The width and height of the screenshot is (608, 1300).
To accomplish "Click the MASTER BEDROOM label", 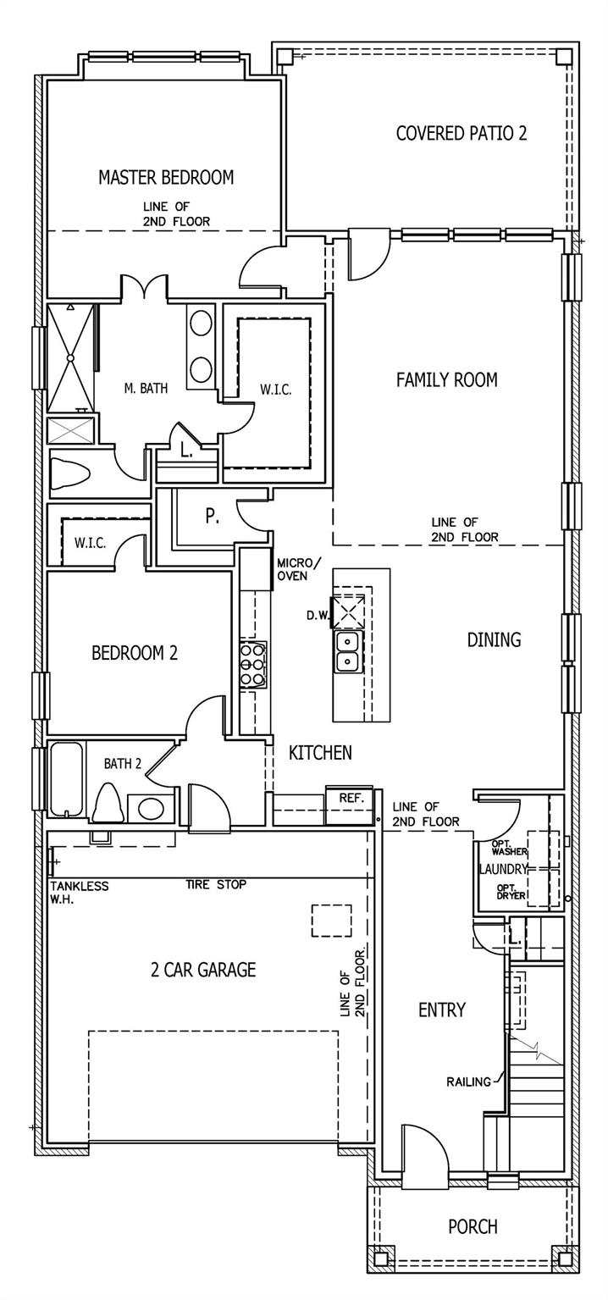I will point(165,177).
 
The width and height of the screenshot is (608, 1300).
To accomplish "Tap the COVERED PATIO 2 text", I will point(462,133).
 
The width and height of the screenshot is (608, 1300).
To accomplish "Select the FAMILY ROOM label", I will point(446,380).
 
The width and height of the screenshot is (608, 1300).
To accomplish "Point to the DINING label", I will point(494,639).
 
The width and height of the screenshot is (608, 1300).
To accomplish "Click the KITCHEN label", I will point(320,752).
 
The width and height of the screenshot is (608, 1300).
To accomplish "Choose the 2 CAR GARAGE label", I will point(203,970).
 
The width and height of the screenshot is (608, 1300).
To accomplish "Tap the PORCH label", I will point(473,1226).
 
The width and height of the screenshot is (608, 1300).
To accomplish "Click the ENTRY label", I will point(441,1010).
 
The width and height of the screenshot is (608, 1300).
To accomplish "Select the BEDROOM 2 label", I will point(134,653).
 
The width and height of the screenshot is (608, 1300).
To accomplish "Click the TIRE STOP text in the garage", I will point(216,885).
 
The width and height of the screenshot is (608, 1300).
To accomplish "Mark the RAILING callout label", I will point(468,1081).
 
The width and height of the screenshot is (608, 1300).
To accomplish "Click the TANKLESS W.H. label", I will point(79,892).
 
